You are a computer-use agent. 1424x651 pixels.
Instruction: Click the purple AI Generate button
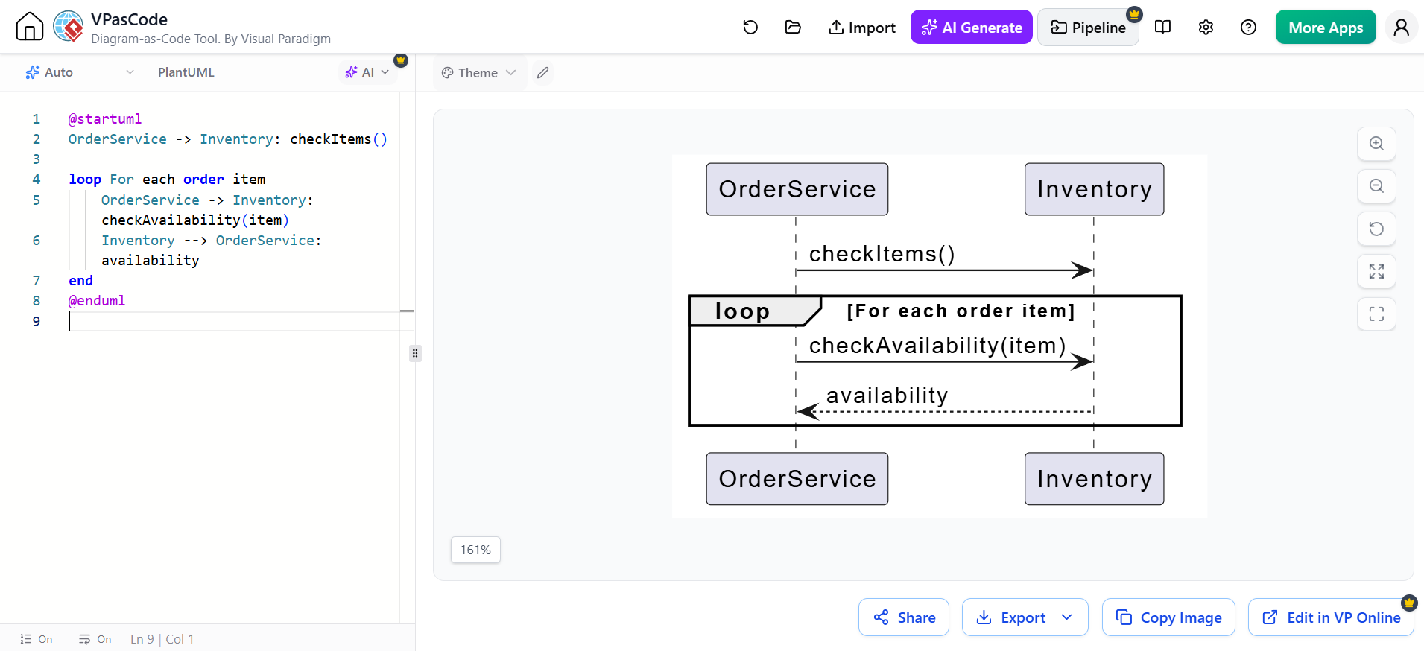tap(971, 28)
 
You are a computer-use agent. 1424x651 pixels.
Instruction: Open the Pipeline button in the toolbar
tap(1088, 28)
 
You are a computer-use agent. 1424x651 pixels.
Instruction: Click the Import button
tap(862, 28)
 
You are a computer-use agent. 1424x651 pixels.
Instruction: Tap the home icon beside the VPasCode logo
tap(30, 27)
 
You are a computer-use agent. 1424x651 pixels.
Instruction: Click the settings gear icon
tap(1206, 28)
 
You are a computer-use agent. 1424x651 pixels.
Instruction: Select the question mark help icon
tap(1248, 28)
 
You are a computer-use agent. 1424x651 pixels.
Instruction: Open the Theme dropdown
tap(478, 72)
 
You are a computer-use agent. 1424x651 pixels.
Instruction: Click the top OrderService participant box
tap(797, 189)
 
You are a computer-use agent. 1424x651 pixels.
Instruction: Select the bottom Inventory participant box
tap(1094, 479)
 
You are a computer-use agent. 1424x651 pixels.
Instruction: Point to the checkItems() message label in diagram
tap(882, 254)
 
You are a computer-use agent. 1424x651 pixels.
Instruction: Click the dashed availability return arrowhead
tap(808, 411)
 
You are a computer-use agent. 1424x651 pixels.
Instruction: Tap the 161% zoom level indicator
tap(475, 550)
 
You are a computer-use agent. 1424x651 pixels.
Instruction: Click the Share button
tap(904, 617)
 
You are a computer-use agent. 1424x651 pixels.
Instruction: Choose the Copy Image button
tap(1168, 617)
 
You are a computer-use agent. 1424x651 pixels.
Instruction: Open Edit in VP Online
tap(1331, 617)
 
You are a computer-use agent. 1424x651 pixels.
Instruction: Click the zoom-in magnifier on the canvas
tap(1376, 144)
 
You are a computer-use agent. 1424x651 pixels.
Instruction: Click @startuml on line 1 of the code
tap(105, 118)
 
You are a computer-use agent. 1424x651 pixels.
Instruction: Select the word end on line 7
tap(80, 280)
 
